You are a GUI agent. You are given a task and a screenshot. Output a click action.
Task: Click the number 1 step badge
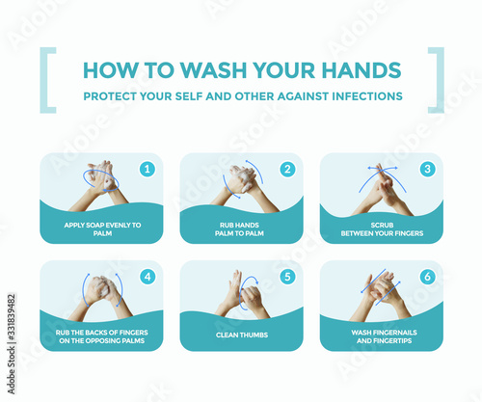(147, 169)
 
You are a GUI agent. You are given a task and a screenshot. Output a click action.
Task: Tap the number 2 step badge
(287, 169)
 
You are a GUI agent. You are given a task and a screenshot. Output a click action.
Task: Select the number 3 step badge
(428, 169)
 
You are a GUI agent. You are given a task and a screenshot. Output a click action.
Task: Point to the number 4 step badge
(147, 277)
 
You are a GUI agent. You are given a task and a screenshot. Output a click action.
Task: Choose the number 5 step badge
(287, 277)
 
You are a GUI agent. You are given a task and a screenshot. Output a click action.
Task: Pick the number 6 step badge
(428, 277)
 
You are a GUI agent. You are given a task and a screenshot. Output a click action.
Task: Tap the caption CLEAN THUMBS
(242, 335)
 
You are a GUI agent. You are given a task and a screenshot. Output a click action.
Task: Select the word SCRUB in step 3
(382, 225)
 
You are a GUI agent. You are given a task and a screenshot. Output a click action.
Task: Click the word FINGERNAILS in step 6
(394, 333)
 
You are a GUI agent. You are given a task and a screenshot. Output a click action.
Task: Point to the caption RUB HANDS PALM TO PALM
(239, 229)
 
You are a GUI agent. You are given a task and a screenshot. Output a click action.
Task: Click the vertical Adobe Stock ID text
(12, 343)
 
